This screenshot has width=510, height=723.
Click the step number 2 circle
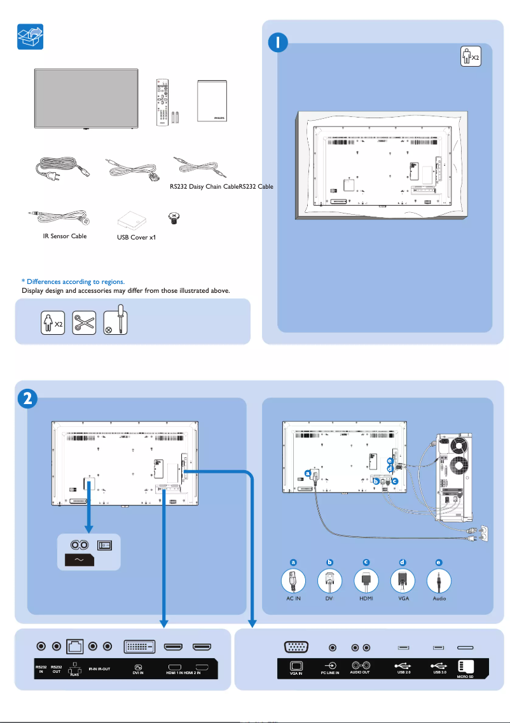(x=27, y=398)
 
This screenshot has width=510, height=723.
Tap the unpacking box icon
(x=29, y=36)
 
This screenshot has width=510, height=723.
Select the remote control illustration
(x=163, y=102)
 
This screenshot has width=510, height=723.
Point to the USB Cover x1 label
(x=137, y=238)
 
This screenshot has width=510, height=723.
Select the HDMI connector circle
(x=366, y=579)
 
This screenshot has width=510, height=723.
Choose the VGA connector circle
(x=403, y=579)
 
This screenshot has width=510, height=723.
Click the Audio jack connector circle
(x=439, y=579)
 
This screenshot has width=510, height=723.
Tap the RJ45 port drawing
(x=74, y=647)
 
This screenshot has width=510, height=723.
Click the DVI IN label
(x=137, y=671)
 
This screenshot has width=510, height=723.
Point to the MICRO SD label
(x=467, y=676)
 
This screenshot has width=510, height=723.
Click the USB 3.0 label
(x=439, y=672)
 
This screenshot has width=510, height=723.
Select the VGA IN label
(x=296, y=673)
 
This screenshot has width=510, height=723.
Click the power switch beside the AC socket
(x=104, y=545)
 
